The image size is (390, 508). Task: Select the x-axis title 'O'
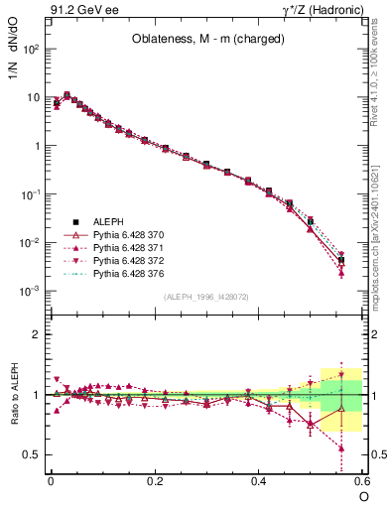(x=363, y=496)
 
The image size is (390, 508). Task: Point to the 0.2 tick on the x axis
(x=155, y=480)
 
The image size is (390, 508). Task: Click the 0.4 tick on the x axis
(x=259, y=480)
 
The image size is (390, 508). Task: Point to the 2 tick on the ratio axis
(x=37, y=334)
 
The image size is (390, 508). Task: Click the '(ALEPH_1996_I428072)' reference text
(x=206, y=298)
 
